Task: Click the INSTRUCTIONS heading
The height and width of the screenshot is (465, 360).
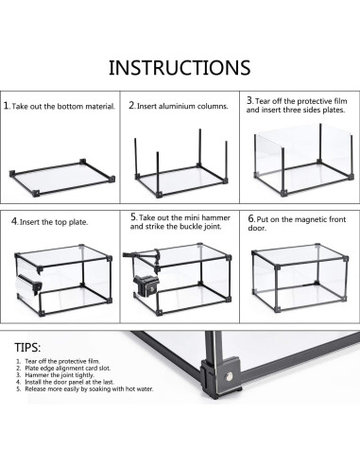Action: coord(180,67)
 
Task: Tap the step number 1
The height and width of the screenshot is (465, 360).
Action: coord(7,106)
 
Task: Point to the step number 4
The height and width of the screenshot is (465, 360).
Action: coord(14,221)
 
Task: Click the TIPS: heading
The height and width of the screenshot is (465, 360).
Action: coord(27,348)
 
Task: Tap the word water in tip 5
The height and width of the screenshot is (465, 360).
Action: coord(145,389)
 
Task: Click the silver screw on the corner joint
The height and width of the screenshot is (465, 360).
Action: coord(230,376)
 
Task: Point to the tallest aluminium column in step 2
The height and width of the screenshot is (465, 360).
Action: coord(199,148)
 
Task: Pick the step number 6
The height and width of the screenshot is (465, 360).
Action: coord(251,218)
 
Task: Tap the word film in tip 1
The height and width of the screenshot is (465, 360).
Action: coord(94,361)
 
